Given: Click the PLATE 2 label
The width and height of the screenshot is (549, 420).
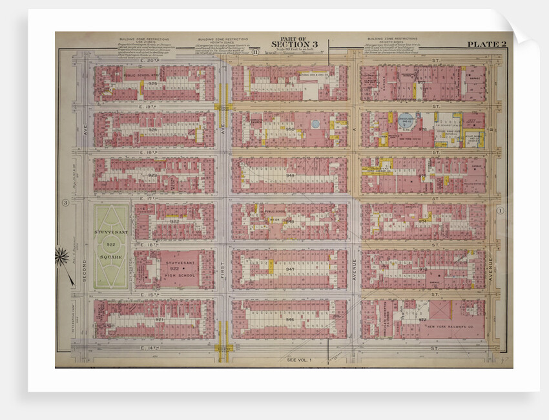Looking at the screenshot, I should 486,44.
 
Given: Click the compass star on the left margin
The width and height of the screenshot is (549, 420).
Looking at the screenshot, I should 64,257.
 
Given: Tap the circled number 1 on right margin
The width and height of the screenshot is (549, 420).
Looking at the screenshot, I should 499,211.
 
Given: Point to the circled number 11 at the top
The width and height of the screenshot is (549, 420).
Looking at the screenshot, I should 256,52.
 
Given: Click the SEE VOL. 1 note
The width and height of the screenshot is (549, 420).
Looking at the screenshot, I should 298,359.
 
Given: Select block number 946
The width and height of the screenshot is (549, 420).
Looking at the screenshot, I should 290,319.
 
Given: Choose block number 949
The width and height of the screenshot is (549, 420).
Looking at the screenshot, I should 290,174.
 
